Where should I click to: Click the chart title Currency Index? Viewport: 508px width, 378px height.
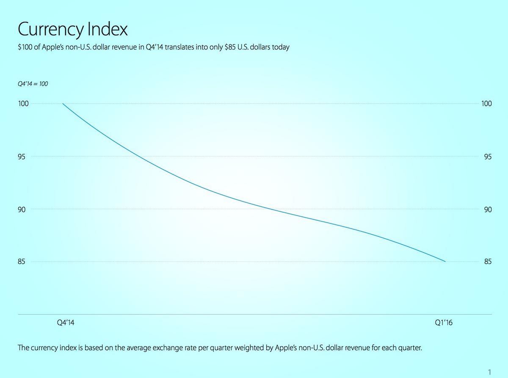(73, 30)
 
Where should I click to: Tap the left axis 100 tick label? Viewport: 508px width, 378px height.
(23, 104)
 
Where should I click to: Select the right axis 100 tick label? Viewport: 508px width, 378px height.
(486, 104)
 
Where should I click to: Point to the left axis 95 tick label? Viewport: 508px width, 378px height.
(22, 157)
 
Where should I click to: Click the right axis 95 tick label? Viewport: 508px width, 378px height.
(488, 157)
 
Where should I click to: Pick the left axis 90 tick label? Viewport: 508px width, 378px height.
(22, 210)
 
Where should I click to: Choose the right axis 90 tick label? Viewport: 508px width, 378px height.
(488, 210)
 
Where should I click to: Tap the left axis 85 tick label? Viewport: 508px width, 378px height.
(21, 262)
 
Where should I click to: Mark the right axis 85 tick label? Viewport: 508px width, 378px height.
(488, 262)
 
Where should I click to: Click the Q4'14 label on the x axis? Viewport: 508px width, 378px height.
(66, 323)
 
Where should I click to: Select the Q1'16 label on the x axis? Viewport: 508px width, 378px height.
(444, 323)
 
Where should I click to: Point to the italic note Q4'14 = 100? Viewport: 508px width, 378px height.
(33, 84)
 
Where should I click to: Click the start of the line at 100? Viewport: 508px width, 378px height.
(63, 104)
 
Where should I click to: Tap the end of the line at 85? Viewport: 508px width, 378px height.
(445, 262)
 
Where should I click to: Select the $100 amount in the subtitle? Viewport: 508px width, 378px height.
(25, 47)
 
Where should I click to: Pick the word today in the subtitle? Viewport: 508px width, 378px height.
(281, 47)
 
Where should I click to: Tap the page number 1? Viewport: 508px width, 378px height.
(489, 372)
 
